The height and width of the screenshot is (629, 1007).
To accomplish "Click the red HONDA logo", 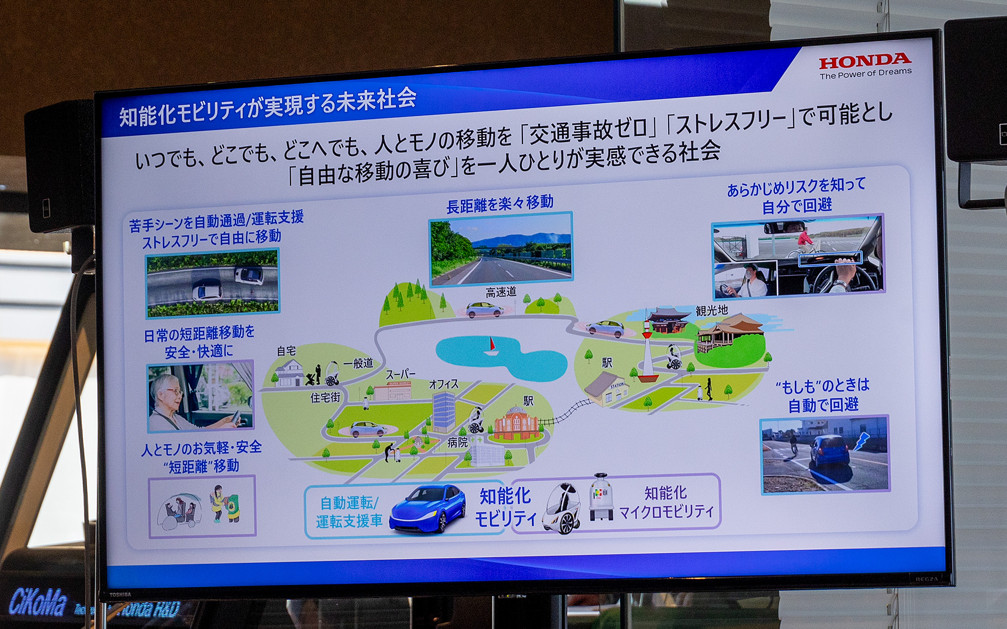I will pyautogui.click(x=865, y=61).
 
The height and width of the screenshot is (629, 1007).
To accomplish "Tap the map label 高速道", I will pyautogui.click(x=500, y=292).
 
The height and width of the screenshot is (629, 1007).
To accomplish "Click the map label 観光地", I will pyautogui.click(x=712, y=310).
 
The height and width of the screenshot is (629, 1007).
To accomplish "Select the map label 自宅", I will pyautogui.click(x=286, y=351).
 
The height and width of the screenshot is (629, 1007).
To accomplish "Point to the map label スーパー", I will pyautogui.click(x=401, y=374).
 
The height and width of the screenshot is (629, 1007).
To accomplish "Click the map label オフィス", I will pyautogui.click(x=444, y=384).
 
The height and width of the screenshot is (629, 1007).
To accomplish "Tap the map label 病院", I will pyautogui.click(x=457, y=442).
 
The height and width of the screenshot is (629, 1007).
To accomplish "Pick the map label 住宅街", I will pyautogui.click(x=325, y=398).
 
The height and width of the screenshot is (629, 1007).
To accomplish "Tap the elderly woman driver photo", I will pyautogui.click(x=200, y=396).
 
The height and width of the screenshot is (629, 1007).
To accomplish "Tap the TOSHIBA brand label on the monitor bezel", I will pyautogui.click(x=120, y=594).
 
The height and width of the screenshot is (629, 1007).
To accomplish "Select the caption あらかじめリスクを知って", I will pyautogui.click(x=796, y=186).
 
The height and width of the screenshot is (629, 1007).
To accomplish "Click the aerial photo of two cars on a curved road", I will pyautogui.click(x=212, y=283).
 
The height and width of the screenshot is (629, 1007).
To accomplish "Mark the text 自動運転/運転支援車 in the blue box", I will pyautogui.click(x=349, y=512).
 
